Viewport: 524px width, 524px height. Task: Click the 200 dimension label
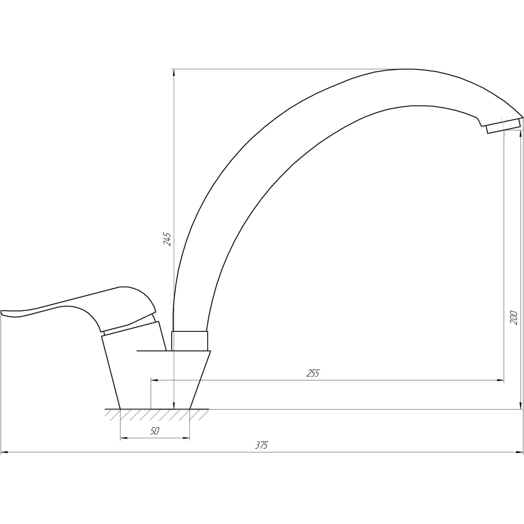(514, 318)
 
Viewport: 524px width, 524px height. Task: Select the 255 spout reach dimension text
(313, 373)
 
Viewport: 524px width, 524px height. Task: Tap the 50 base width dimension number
(155, 431)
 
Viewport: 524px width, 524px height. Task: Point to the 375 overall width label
(261, 453)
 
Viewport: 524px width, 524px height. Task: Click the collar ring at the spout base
(190, 341)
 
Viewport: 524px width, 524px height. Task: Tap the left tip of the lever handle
(1, 312)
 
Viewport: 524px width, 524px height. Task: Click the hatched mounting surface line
(157, 409)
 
